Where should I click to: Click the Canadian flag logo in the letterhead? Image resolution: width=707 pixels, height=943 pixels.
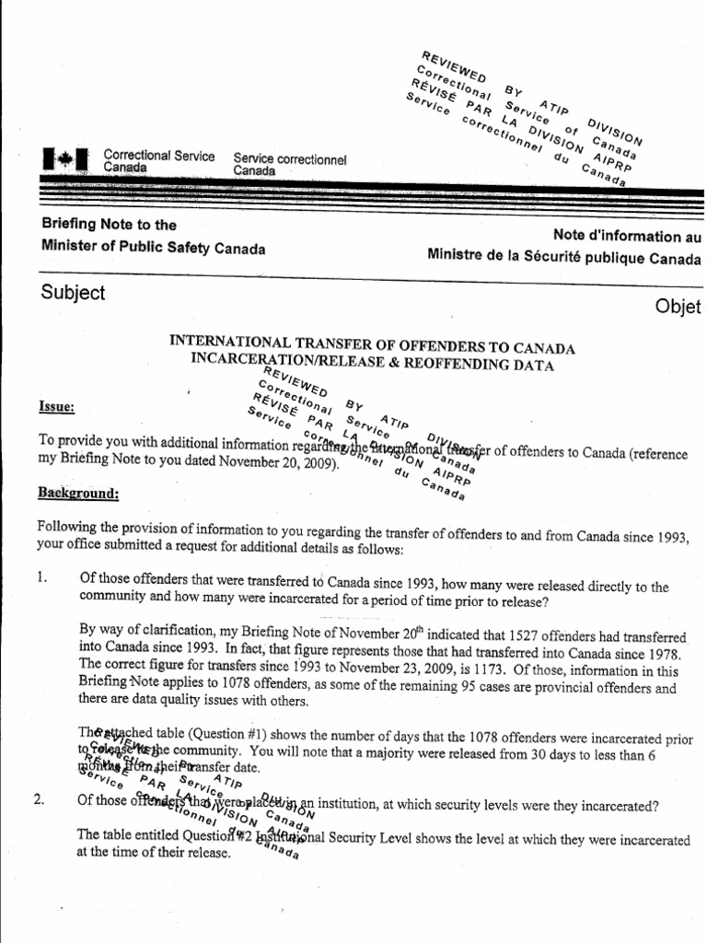64,161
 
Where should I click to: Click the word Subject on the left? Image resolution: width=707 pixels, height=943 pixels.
74,293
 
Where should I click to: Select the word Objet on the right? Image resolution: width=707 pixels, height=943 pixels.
679,307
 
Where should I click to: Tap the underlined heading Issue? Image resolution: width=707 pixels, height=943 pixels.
57,407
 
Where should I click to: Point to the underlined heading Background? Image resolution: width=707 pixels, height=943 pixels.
78,494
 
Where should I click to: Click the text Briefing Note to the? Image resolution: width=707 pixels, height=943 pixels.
109,225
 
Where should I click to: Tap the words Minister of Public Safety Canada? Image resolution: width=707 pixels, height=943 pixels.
153,249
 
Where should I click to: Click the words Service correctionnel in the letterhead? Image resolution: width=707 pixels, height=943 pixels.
289,158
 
